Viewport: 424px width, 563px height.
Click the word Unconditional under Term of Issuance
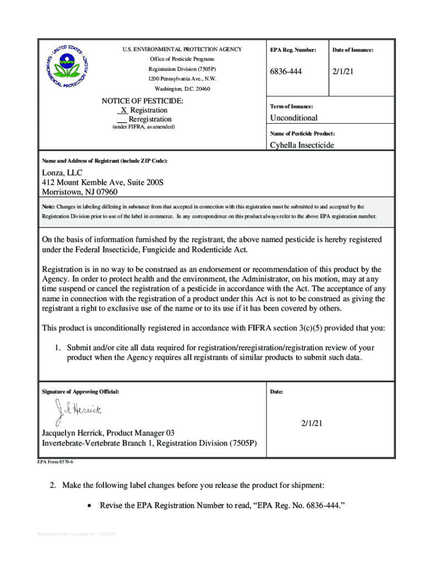(293, 118)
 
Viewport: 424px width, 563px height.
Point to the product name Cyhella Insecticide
(302, 145)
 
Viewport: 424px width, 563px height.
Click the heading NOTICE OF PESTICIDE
(143, 101)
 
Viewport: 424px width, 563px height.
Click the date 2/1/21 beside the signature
(312, 423)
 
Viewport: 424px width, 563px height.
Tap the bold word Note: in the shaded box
(48, 207)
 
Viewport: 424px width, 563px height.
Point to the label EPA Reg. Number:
(293, 50)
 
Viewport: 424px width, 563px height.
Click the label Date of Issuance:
(352, 50)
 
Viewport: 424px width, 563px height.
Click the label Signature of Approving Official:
(80, 392)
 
